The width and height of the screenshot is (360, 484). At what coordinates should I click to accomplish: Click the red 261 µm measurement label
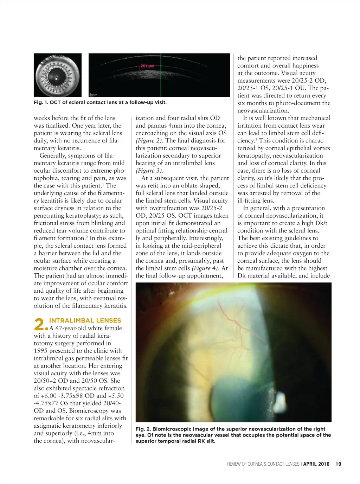pyautogui.click(x=147, y=66)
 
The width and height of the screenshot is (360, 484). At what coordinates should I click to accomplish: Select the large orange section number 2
pyautogui.click(x=40, y=324)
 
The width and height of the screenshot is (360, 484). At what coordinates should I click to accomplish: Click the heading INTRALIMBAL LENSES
pyautogui.click(x=85, y=320)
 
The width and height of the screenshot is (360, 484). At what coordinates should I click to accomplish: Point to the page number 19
pyautogui.click(x=338, y=464)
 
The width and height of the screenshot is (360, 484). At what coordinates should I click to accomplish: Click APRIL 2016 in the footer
pyautogui.click(x=316, y=464)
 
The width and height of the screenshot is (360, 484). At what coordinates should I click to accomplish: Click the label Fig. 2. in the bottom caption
pyautogui.click(x=143, y=429)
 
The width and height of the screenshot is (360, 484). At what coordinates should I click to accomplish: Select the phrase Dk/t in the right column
pyautogui.click(x=321, y=223)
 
